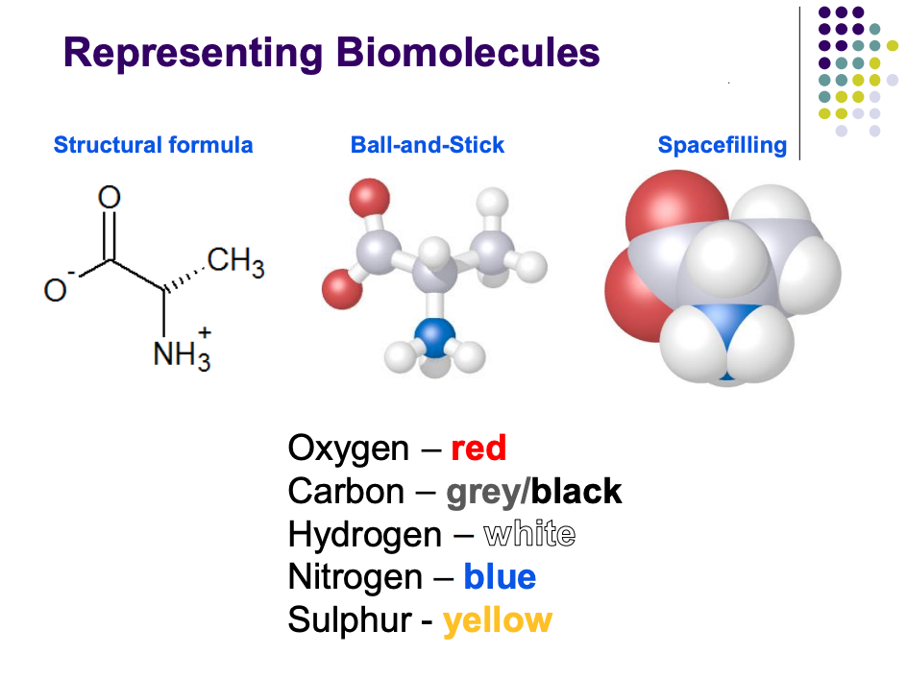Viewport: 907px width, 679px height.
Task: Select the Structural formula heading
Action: pyautogui.click(x=154, y=145)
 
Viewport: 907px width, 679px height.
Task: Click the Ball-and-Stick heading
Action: pyautogui.click(x=428, y=145)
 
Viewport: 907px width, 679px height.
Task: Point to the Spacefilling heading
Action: pyautogui.click(x=722, y=145)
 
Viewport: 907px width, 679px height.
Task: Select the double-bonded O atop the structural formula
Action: pyautogui.click(x=110, y=198)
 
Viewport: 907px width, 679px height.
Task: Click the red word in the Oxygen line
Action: pyautogui.click(x=478, y=448)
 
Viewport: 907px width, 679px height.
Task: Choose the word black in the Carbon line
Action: pyautogui.click(x=576, y=492)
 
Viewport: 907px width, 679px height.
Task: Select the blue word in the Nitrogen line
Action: pyautogui.click(x=500, y=577)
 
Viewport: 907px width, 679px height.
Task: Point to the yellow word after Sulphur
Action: pyautogui.click(x=498, y=620)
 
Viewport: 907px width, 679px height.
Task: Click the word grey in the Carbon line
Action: pyautogui.click(x=483, y=492)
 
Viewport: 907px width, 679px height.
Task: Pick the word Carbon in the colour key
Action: pyautogui.click(x=346, y=492)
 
